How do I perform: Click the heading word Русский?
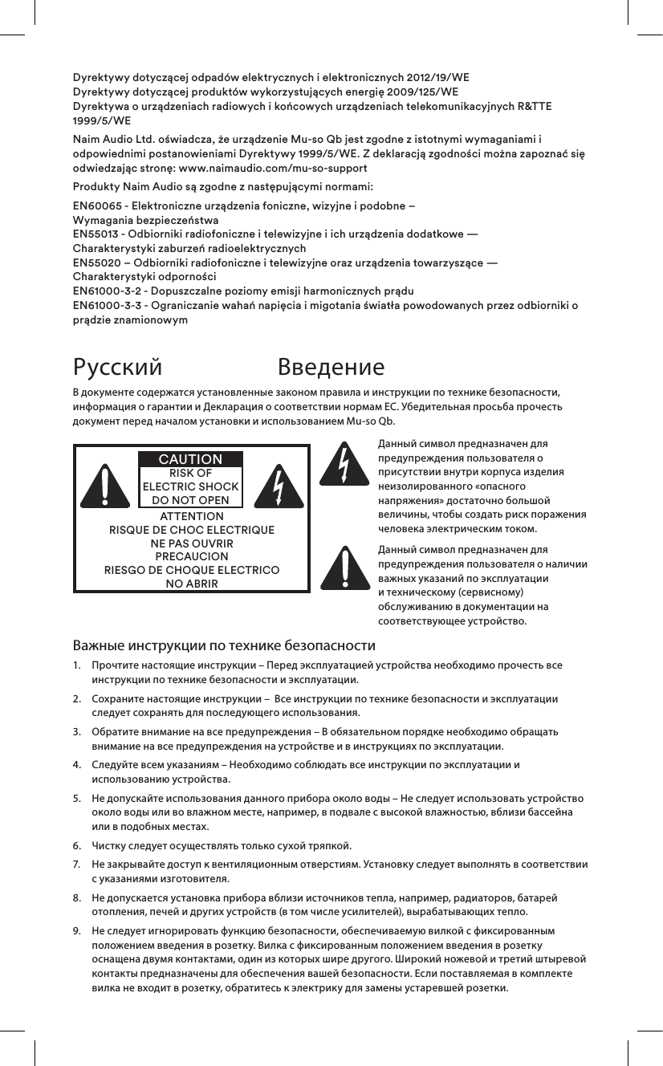tap(117, 368)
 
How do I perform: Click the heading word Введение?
tap(331, 368)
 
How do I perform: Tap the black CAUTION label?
tap(190, 459)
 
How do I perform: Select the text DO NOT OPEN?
tap(190, 500)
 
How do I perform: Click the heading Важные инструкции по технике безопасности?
tap(225, 645)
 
